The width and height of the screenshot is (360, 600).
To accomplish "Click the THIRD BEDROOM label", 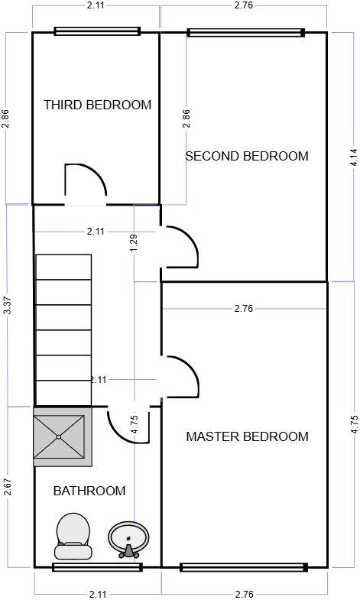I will (x=97, y=105).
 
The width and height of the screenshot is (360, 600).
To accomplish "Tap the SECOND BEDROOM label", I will (x=247, y=156).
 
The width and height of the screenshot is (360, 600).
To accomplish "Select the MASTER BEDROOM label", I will (x=247, y=436).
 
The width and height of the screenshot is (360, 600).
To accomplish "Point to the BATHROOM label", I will (x=89, y=491).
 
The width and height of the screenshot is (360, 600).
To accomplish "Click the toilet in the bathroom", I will (x=73, y=536).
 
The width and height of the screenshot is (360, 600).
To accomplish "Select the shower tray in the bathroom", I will (x=62, y=436).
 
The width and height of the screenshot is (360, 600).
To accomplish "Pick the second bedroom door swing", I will (x=182, y=247).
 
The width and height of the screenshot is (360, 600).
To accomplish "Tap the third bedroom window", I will (x=97, y=32).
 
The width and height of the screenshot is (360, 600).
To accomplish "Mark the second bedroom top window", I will (x=245, y=33).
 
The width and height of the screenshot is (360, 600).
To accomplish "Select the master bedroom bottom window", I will (x=243, y=567).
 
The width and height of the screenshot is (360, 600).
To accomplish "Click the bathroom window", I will (x=97, y=566).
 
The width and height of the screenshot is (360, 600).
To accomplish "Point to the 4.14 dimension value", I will (x=353, y=157).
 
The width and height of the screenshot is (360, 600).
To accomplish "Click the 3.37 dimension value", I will (x=7, y=306).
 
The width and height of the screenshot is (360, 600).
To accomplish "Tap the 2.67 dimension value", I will (x=7, y=487).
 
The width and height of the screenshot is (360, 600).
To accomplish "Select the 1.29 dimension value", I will (x=135, y=242).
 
